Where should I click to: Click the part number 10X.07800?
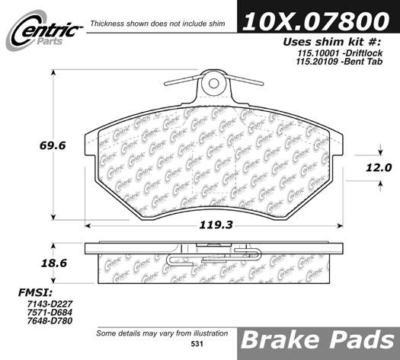(316, 21)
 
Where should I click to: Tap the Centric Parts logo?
(43, 30)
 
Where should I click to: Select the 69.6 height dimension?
(53, 145)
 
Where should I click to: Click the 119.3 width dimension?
(216, 225)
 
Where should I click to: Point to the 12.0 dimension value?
(379, 167)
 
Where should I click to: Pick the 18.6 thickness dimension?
(54, 263)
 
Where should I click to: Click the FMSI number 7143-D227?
(50, 304)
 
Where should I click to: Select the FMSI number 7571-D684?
(50, 312)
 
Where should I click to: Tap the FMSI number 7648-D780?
(50, 320)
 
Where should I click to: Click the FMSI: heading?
(35, 293)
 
